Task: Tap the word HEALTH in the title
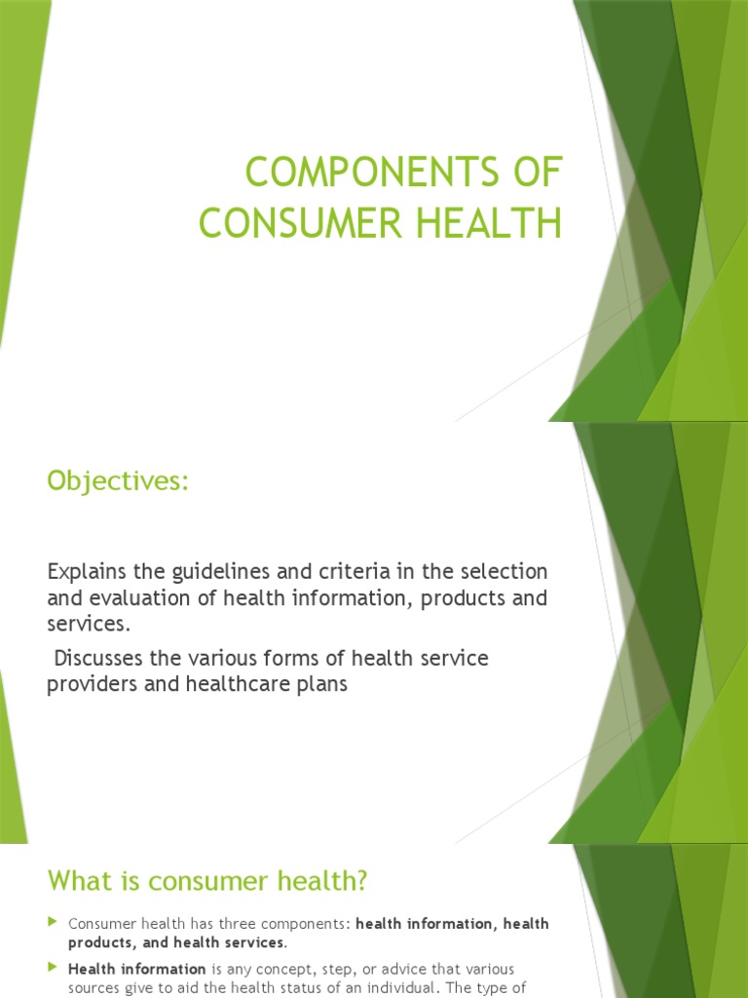point(499,223)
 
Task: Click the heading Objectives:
point(118,481)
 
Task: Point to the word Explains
point(84,572)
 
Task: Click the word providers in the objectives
point(89,684)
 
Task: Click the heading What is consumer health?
point(207,882)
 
